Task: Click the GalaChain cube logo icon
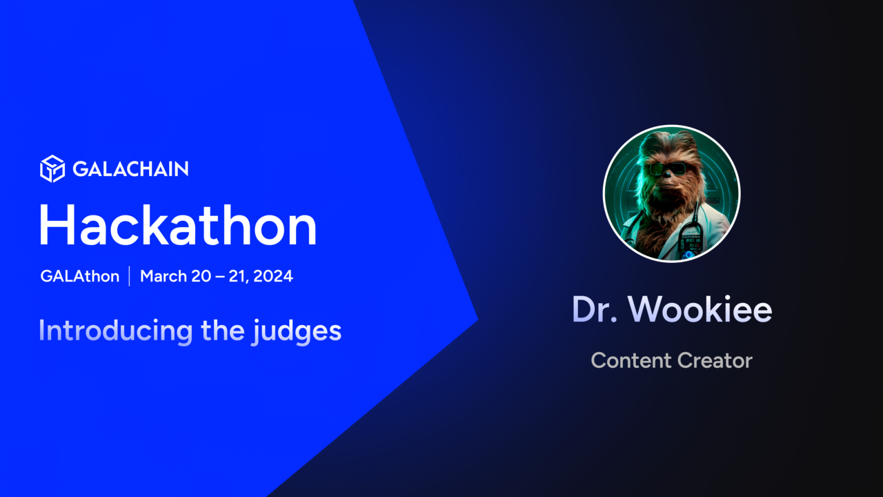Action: pos(52,169)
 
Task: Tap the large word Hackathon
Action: pos(177,226)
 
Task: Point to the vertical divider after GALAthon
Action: pos(129,276)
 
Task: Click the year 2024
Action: pos(274,276)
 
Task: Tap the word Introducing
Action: pos(116,331)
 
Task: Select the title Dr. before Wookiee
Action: pos(595,310)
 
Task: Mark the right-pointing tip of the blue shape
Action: pos(477,320)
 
